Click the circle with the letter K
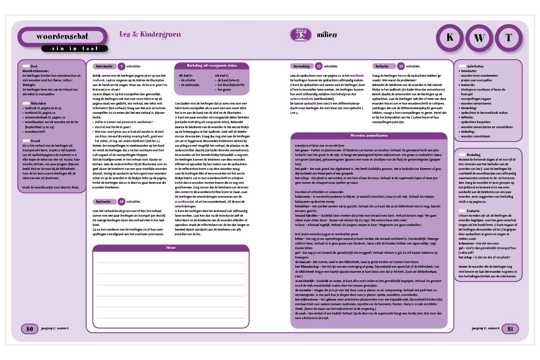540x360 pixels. point(450,38)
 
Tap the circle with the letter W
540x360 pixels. point(479,38)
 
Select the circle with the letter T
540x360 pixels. point(509,38)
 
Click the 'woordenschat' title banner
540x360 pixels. point(62,36)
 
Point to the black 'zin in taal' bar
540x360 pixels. point(75,48)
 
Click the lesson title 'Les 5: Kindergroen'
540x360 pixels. point(150,34)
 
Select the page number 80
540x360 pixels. point(30,329)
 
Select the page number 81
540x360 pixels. point(510,329)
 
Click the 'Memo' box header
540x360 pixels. point(171,248)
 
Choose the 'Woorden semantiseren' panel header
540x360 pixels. point(369,135)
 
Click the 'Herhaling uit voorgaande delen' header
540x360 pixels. point(212,66)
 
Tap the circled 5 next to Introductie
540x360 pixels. point(121,66)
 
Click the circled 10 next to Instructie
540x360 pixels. point(121,201)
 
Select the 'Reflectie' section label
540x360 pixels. point(385,66)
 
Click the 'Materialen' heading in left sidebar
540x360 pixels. point(38,103)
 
